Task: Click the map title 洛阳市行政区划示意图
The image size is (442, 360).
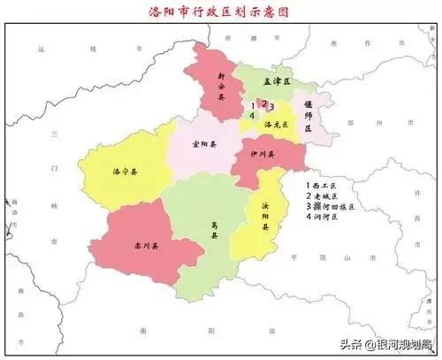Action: [220, 13]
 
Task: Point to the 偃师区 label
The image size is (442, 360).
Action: [309, 116]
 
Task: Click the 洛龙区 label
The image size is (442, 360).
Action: [273, 124]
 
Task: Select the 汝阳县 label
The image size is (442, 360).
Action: [264, 214]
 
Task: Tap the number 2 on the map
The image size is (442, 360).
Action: [263, 103]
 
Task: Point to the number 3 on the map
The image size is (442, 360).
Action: [272, 107]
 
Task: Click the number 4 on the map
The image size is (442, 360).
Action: [254, 116]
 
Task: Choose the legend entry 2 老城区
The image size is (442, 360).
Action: [322, 195]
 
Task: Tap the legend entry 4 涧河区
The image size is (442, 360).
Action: [322, 215]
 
